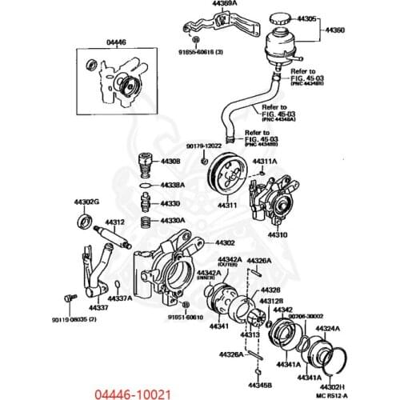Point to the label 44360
334,30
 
